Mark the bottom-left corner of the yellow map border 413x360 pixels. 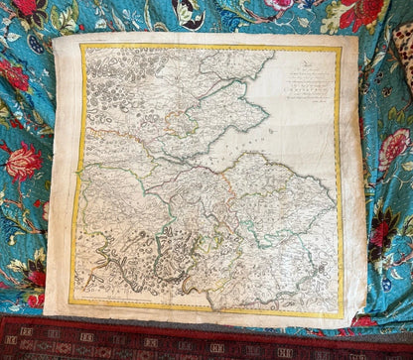(x=69, y=301)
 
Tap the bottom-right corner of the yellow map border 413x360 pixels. (x=344, y=316)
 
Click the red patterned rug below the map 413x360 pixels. (x=199, y=342)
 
